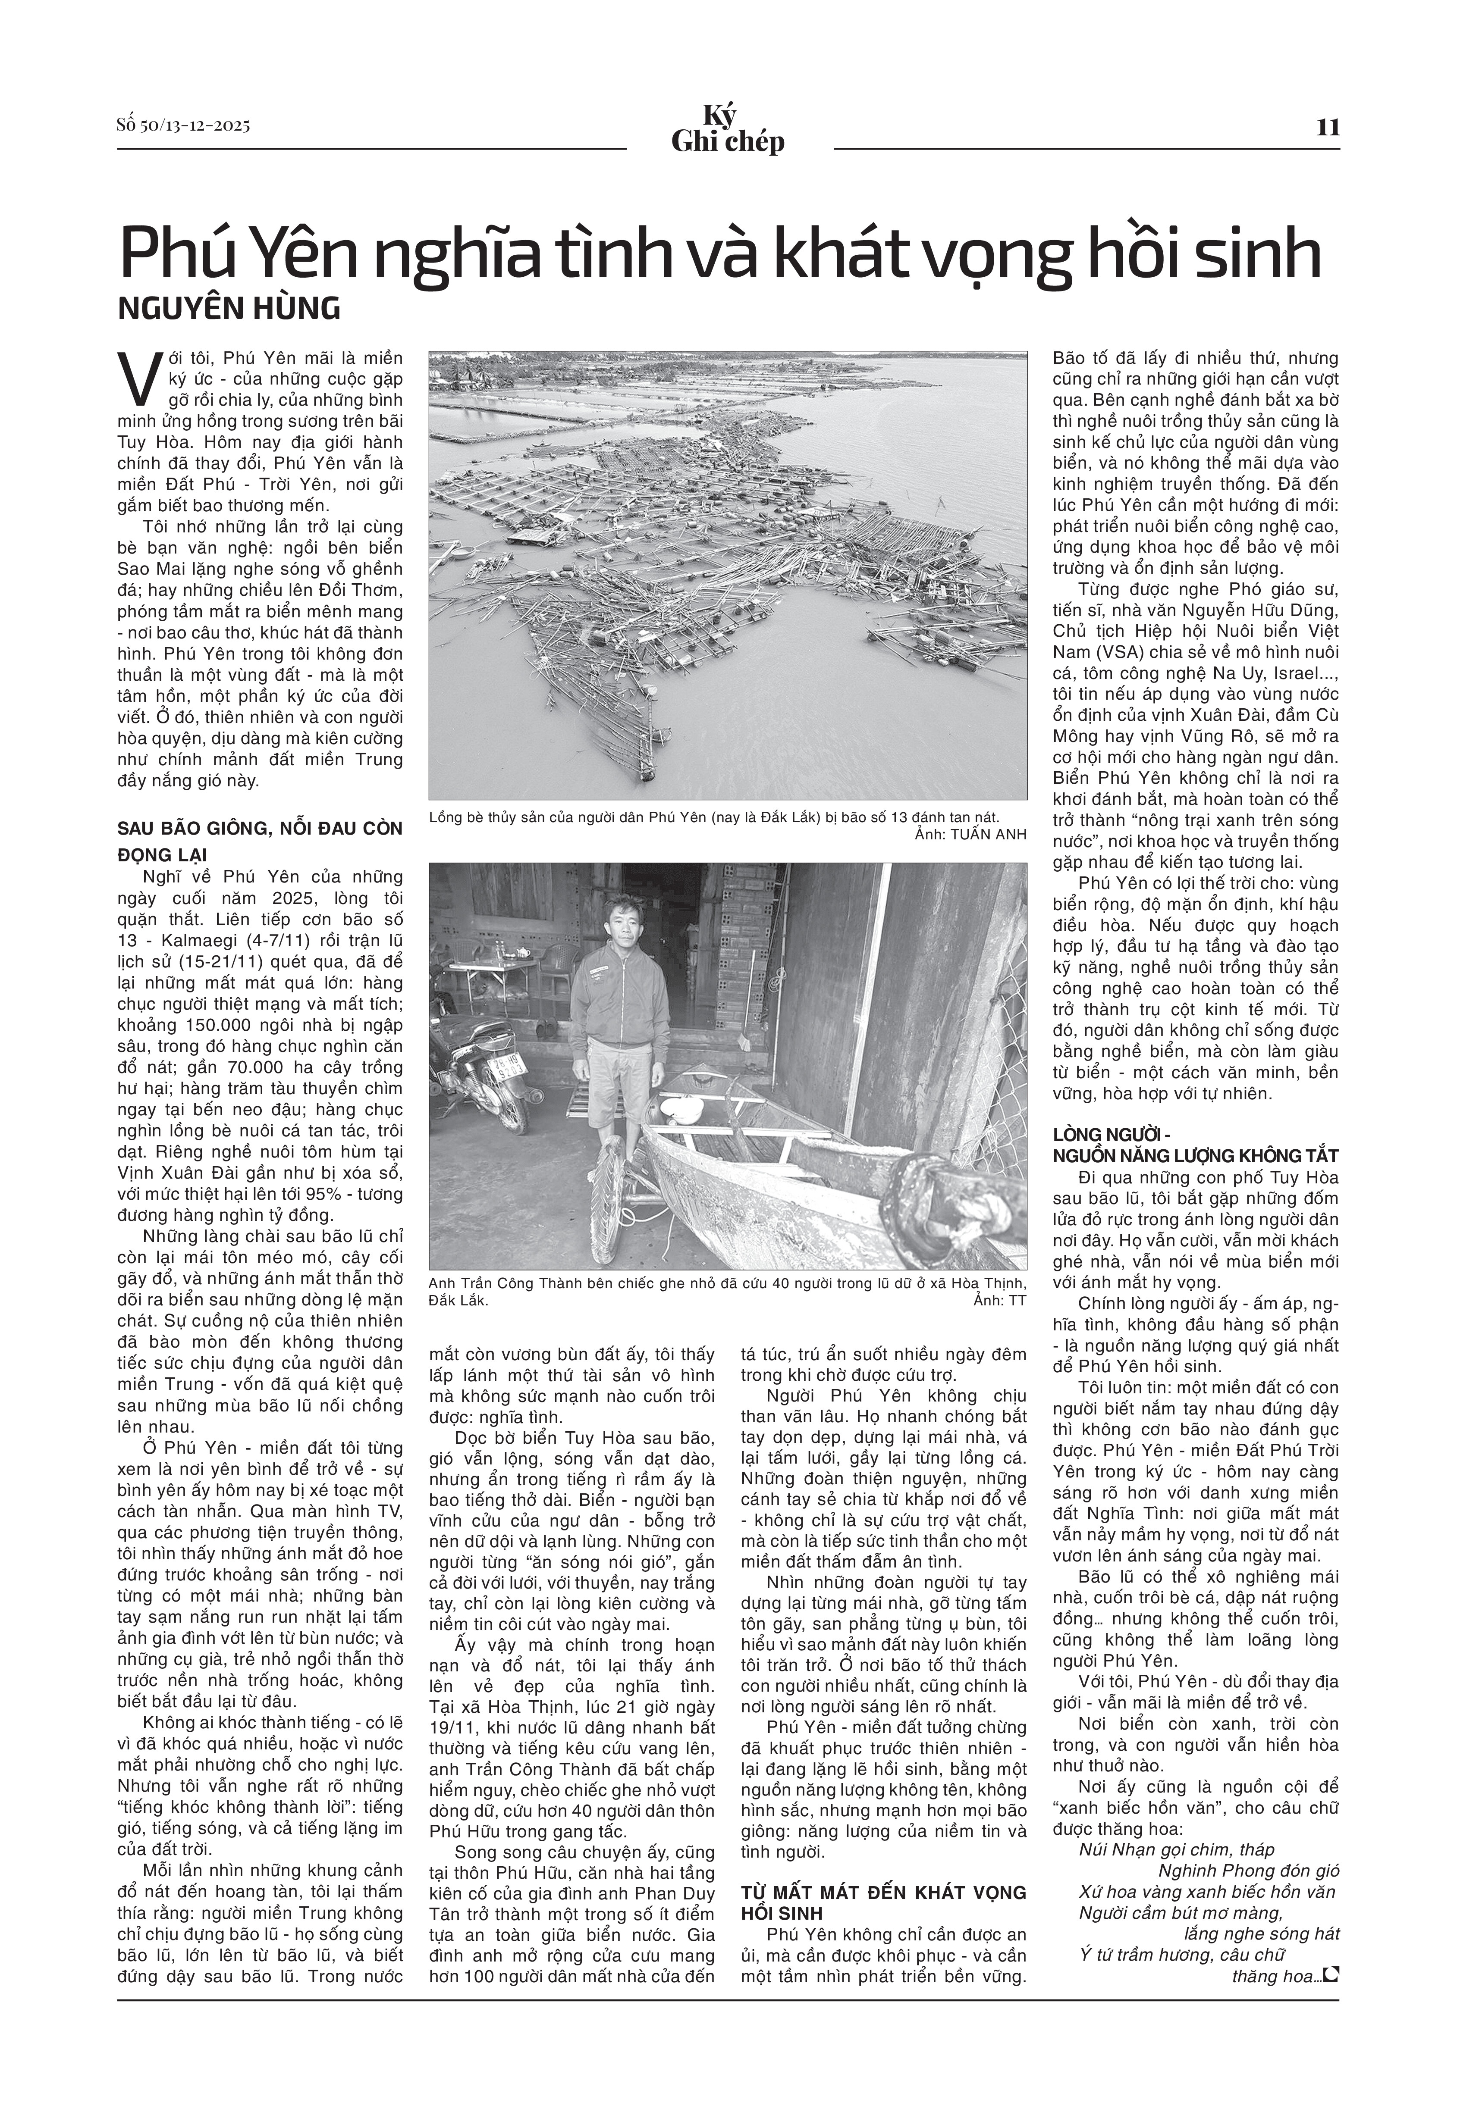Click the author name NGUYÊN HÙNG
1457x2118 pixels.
[229, 308]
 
